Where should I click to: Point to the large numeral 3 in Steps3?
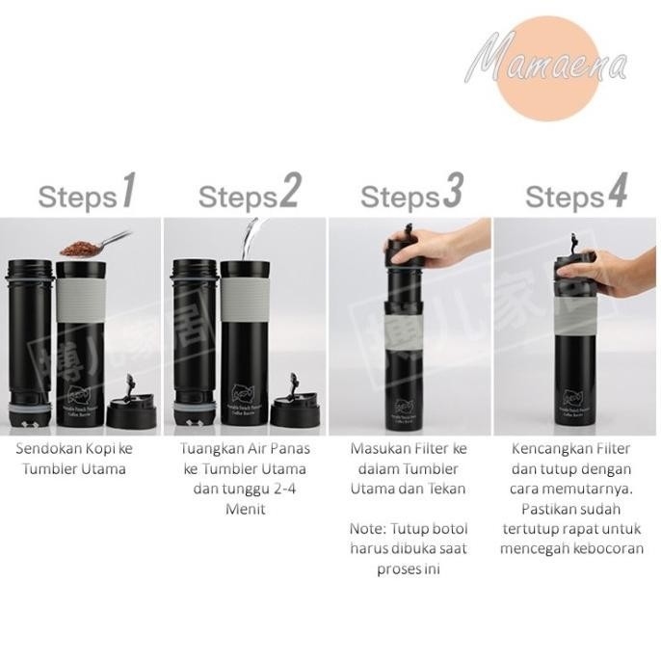(x=453, y=194)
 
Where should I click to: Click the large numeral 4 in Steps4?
(x=616, y=194)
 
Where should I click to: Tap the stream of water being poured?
(x=252, y=235)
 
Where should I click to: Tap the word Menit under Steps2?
(x=247, y=508)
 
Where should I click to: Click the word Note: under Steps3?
(x=367, y=529)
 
